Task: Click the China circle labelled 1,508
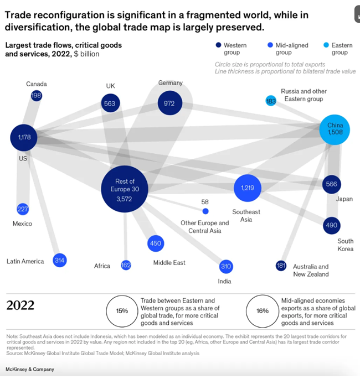tap(335, 129)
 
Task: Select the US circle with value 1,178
tap(23, 137)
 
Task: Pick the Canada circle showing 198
tap(37, 96)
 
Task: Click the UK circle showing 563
tap(110, 103)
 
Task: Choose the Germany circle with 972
tap(169, 103)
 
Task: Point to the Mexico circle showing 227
tap(23, 209)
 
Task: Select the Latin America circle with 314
tap(60, 260)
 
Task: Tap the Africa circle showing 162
tap(126, 266)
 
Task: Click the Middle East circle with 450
tap(155, 243)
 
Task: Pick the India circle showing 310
tap(225, 267)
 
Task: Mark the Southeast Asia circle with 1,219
tap(247, 188)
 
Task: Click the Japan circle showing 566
tap(331, 184)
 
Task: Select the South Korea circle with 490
tap(331, 225)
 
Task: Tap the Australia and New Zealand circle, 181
tap(281, 266)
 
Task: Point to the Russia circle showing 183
tap(271, 101)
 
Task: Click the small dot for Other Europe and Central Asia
tap(205, 211)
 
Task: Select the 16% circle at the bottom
tap(262, 310)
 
